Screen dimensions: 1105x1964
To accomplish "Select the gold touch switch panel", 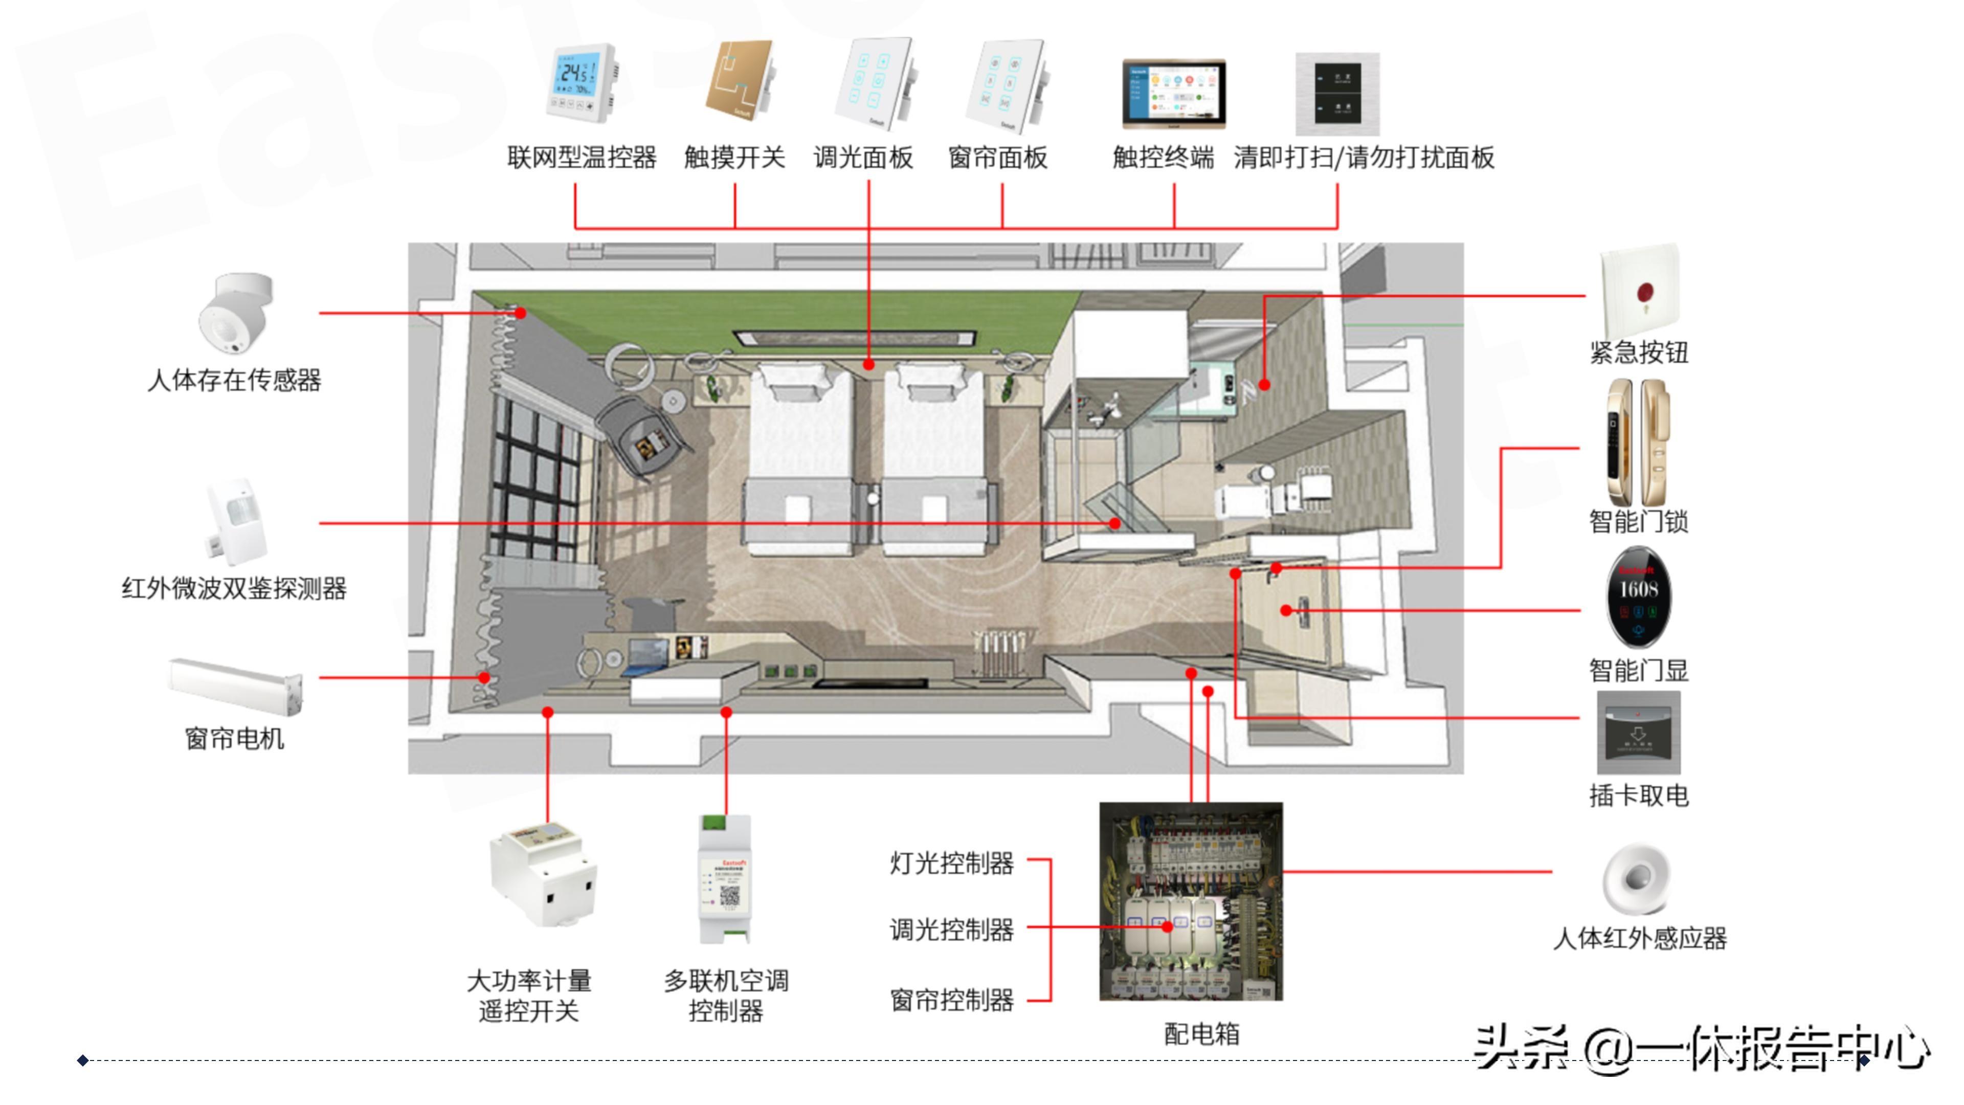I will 740,80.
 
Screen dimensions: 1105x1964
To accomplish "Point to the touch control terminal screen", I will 1173,93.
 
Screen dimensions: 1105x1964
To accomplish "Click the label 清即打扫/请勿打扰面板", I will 1363,158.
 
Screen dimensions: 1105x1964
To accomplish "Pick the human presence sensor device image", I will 235,314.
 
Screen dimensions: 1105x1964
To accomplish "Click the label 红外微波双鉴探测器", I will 234,588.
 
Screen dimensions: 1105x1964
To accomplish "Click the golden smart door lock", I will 1638,443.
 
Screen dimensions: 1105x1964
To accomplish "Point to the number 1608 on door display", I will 1638,589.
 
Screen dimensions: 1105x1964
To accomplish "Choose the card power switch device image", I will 1638,733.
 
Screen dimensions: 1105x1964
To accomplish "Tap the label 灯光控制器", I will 951,863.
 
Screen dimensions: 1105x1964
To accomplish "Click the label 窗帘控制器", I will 951,999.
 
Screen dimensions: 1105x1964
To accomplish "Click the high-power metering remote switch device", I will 543,875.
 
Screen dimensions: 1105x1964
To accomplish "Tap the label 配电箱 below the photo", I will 1201,1034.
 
